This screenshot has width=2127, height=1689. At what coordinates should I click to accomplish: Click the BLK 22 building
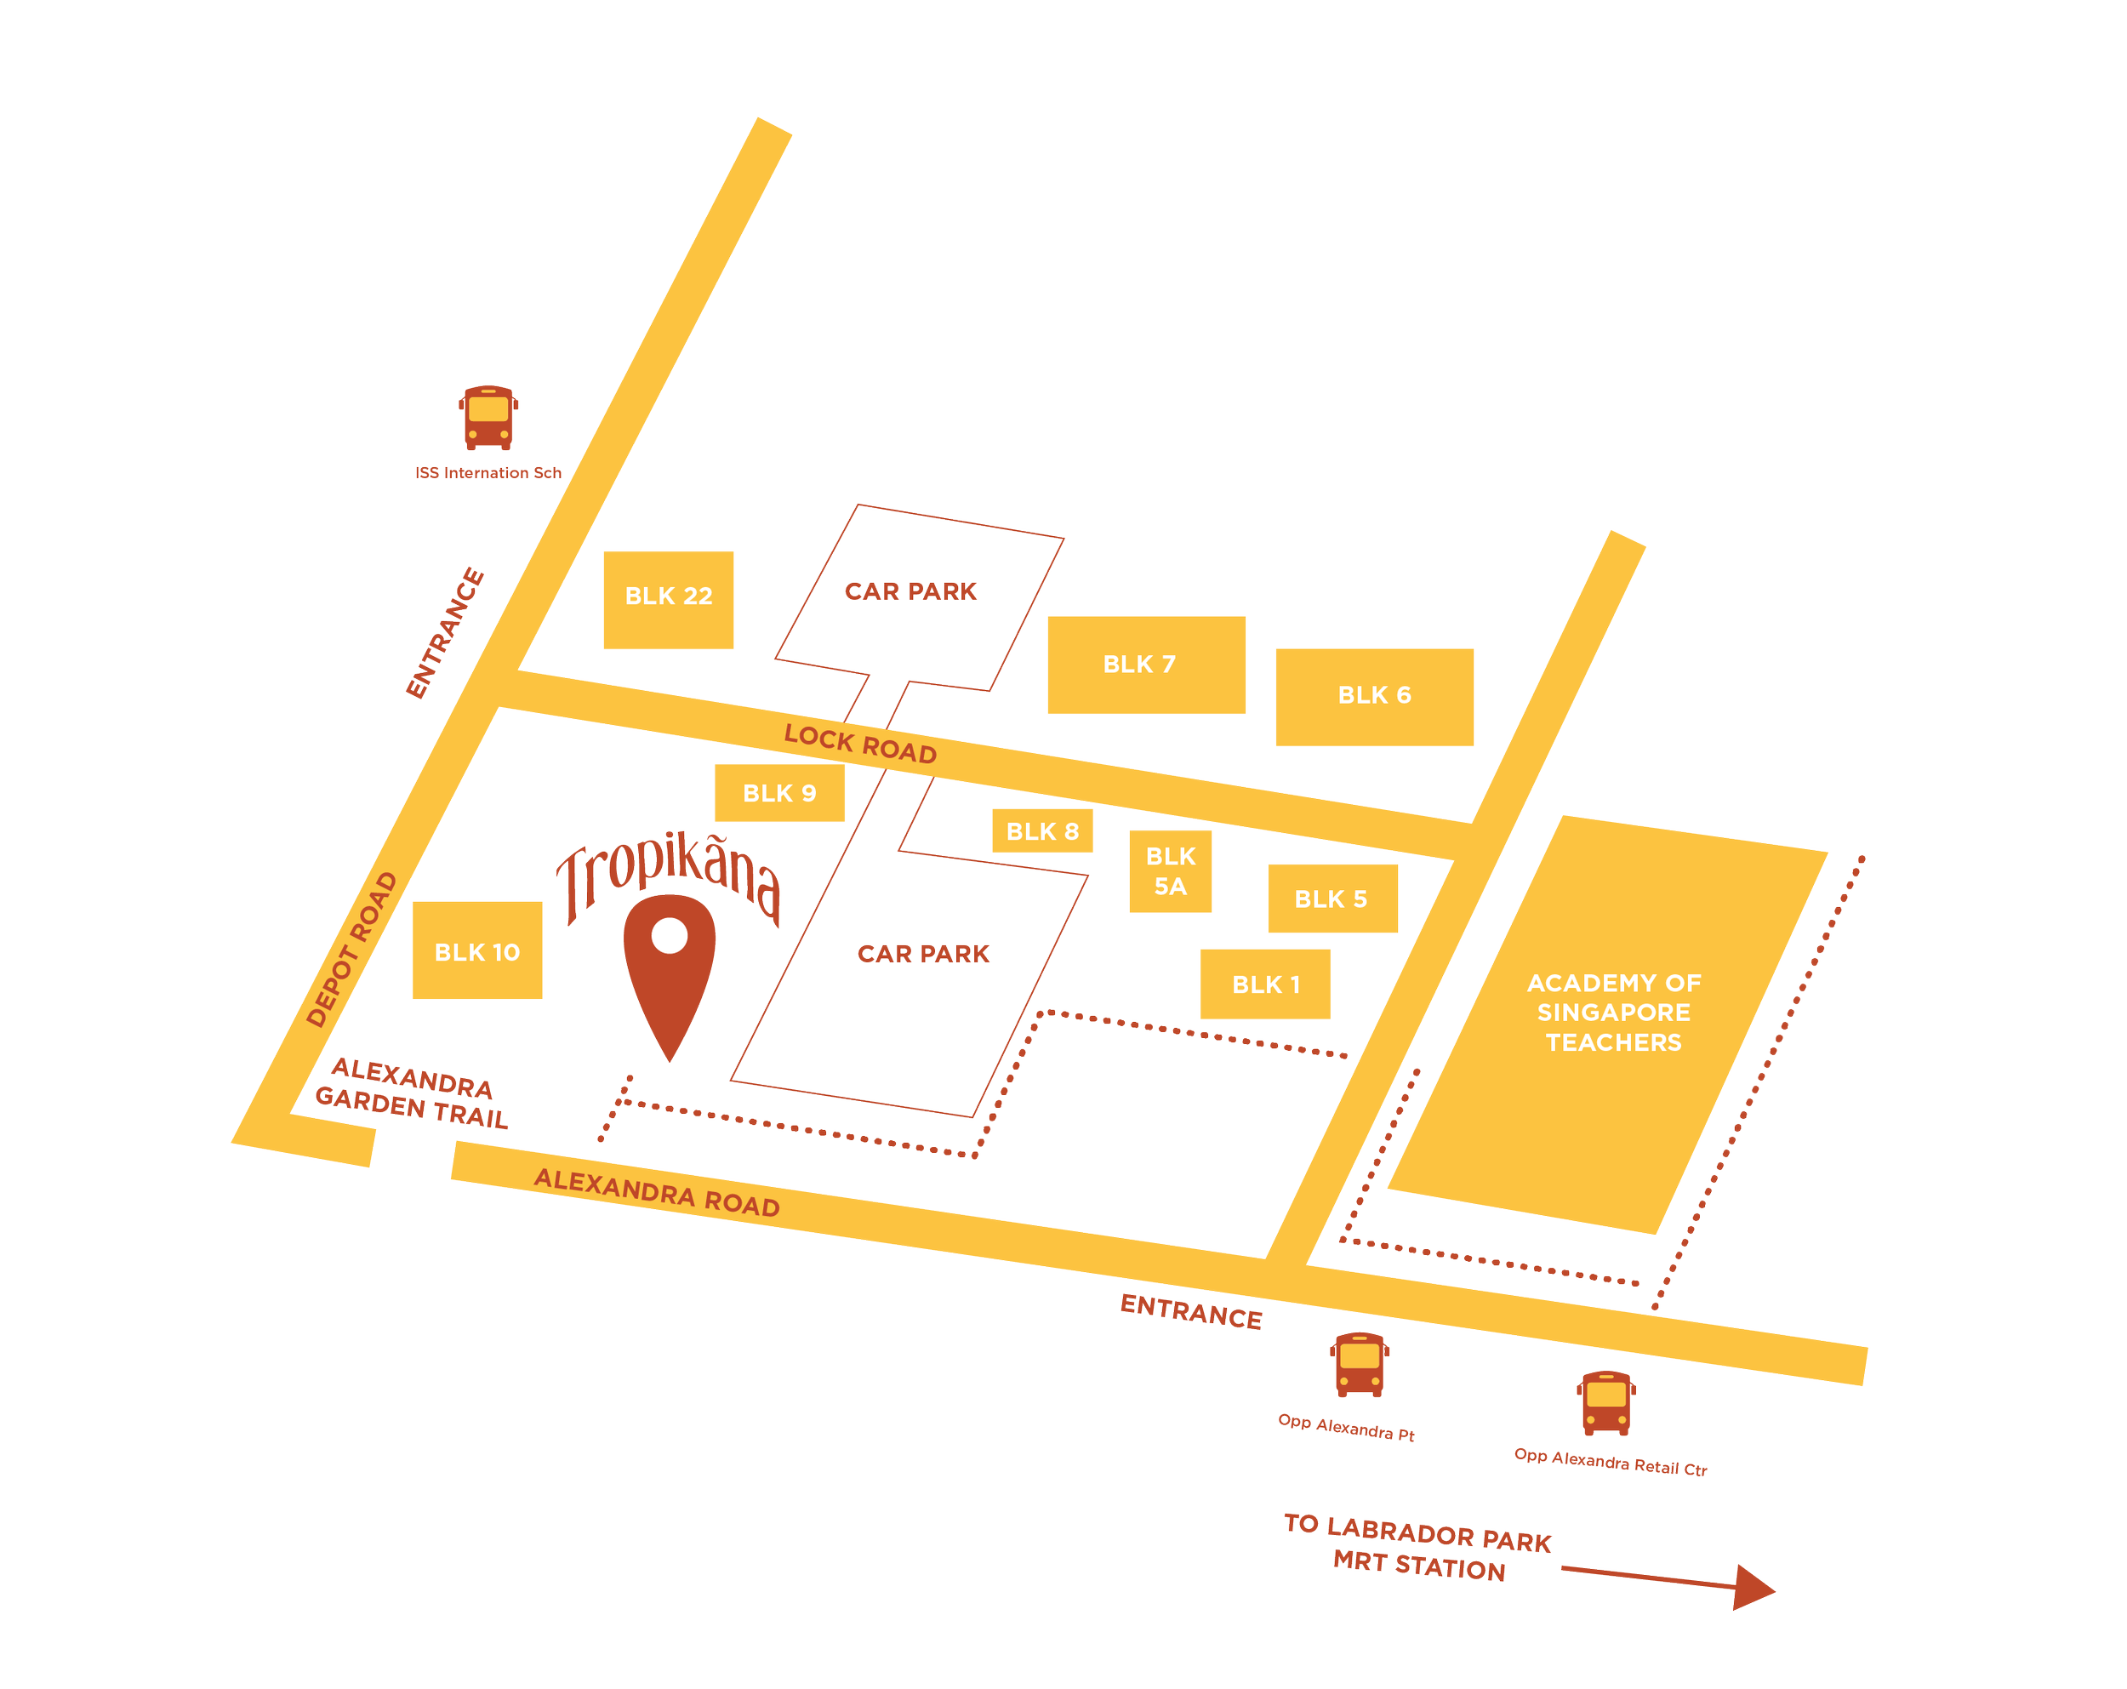(x=669, y=599)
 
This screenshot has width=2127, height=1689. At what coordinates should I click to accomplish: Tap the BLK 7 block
(x=1145, y=665)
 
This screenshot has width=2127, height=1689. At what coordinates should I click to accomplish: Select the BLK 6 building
(x=1374, y=703)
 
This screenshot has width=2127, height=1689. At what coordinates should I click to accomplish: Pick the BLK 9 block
(x=779, y=793)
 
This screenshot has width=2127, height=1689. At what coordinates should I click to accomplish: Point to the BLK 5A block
(x=1170, y=871)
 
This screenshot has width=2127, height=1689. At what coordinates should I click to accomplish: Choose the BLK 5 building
(x=1332, y=899)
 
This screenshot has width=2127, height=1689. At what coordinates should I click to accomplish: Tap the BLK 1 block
(x=1265, y=984)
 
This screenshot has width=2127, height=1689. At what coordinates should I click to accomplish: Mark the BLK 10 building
(x=477, y=951)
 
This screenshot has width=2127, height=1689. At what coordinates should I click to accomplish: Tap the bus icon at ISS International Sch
(x=488, y=417)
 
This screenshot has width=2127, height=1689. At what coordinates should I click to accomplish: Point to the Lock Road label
(x=859, y=744)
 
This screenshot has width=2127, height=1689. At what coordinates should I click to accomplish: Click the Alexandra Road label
(x=656, y=1192)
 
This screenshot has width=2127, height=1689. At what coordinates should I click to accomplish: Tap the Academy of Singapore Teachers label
(x=1613, y=1013)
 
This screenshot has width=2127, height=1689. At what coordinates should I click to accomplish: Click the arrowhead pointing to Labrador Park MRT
(x=1754, y=1586)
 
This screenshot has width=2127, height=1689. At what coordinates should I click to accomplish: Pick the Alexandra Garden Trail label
(x=413, y=1093)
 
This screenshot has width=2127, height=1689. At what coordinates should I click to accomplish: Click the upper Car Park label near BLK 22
(x=910, y=591)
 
